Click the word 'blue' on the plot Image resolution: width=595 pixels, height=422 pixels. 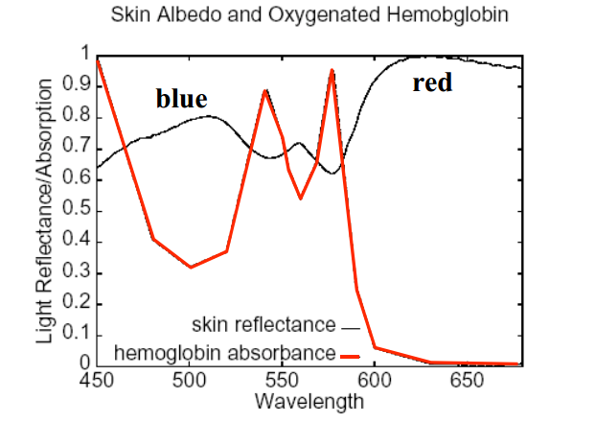click(x=182, y=99)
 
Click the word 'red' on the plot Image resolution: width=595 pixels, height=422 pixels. click(x=432, y=83)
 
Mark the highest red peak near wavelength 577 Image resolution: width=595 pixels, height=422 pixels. click(x=332, y=70)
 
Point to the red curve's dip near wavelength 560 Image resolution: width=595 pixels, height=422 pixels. click(x=301, y=199)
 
